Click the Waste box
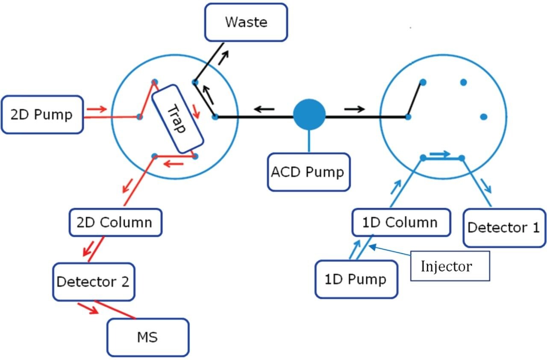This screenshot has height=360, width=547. [x=246, y=22]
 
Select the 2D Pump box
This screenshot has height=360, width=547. [x=42, y=115]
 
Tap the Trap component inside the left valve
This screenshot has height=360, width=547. [x=177, y=118]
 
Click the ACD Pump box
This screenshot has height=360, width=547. [x=308, y=172]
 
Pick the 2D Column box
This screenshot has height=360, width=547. [x=115, y=222]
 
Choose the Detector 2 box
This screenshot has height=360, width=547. [x=93, y=282]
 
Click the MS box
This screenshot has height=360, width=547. [x=147, y=337]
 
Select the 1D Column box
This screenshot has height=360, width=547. [x=400, y=222]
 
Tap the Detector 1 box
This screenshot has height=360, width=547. [x=503, y=227]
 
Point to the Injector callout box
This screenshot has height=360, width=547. [x=450, y=266]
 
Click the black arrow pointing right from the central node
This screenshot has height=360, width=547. [x=354, y=109]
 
